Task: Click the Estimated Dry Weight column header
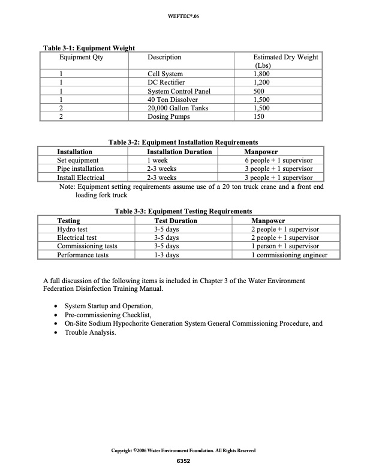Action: click(286, 61)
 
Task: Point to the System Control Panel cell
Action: click(179, 91)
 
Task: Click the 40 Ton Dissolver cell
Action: click(170, 100)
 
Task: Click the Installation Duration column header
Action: click(171, 152)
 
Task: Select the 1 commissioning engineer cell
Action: click(290, 255)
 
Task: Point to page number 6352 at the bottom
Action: click(183, 461)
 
